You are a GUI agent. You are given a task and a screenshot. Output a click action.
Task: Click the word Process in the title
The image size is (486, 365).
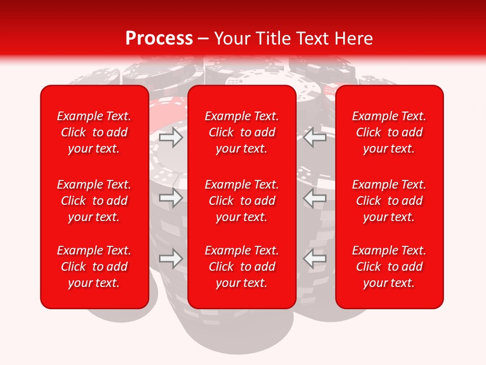(159, 39)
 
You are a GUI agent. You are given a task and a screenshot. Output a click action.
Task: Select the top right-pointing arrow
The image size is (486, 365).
(171, 137)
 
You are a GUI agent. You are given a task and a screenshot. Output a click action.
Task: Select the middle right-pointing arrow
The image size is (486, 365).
(171, 198)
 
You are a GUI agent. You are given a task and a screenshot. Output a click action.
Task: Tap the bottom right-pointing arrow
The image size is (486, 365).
(171, 259)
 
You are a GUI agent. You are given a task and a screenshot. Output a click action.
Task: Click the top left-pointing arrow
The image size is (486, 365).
(314, 137)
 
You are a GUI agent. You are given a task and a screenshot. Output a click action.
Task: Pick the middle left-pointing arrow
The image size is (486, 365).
(314, 198)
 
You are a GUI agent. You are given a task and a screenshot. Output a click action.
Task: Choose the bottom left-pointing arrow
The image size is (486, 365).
(314, 259)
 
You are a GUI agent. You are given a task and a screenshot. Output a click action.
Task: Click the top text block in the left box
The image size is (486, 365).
(94, 132)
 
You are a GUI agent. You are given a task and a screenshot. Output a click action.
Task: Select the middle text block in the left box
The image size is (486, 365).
(94, 201)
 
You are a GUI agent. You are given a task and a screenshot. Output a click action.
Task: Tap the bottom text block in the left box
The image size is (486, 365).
(94, 267)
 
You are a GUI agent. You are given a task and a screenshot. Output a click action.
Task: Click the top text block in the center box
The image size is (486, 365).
(242, 132)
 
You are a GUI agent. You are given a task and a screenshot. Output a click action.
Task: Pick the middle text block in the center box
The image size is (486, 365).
(242, 201)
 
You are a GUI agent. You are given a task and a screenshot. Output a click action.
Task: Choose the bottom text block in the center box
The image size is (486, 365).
(242, 267)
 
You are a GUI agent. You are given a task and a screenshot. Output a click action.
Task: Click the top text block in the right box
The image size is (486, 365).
(389, 132)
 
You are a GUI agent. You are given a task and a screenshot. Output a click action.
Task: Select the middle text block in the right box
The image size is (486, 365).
(389, 201)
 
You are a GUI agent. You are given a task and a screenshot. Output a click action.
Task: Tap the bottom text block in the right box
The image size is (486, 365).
(389, 267)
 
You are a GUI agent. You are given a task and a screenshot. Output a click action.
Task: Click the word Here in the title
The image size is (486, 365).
(354, 39)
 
